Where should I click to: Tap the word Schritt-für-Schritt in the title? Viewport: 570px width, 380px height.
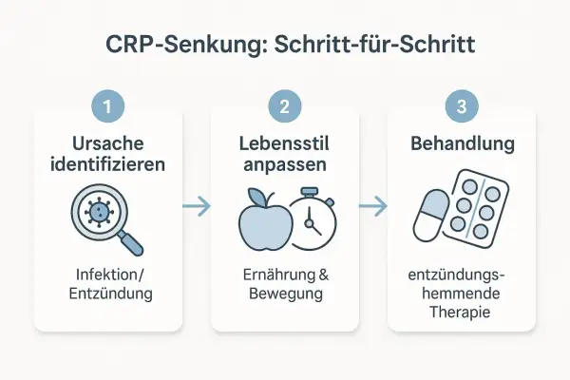[x=374, y=45]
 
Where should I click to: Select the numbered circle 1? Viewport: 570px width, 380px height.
[x=107, y=106]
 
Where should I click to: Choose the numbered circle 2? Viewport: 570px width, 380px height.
[x=285, y=106]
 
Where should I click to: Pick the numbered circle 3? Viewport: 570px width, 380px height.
[x=462, y=106]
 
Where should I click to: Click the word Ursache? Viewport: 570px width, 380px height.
[x=108, y=143]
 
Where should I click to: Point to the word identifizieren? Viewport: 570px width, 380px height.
[x=108, y=164]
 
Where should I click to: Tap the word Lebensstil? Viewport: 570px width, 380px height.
[x=284, y=143]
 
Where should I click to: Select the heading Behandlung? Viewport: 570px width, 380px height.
[x=463, y=143]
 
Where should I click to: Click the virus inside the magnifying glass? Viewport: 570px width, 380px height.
[x=99, y=212]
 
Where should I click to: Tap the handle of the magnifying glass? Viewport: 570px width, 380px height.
[x=130, y=241]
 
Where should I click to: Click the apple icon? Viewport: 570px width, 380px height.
[x=266, y=221]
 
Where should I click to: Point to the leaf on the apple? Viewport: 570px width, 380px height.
[x=256, y=197]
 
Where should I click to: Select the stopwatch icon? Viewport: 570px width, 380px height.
[x=313, y=218]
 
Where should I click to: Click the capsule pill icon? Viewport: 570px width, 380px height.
[x=431, y=216]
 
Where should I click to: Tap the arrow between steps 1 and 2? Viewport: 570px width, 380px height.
[x=197, y=206]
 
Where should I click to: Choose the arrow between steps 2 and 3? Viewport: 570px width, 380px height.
[x=373, y=206]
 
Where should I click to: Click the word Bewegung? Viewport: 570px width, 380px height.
[x=286, y=294]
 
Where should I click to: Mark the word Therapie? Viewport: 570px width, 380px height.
[x=460, y=313]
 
